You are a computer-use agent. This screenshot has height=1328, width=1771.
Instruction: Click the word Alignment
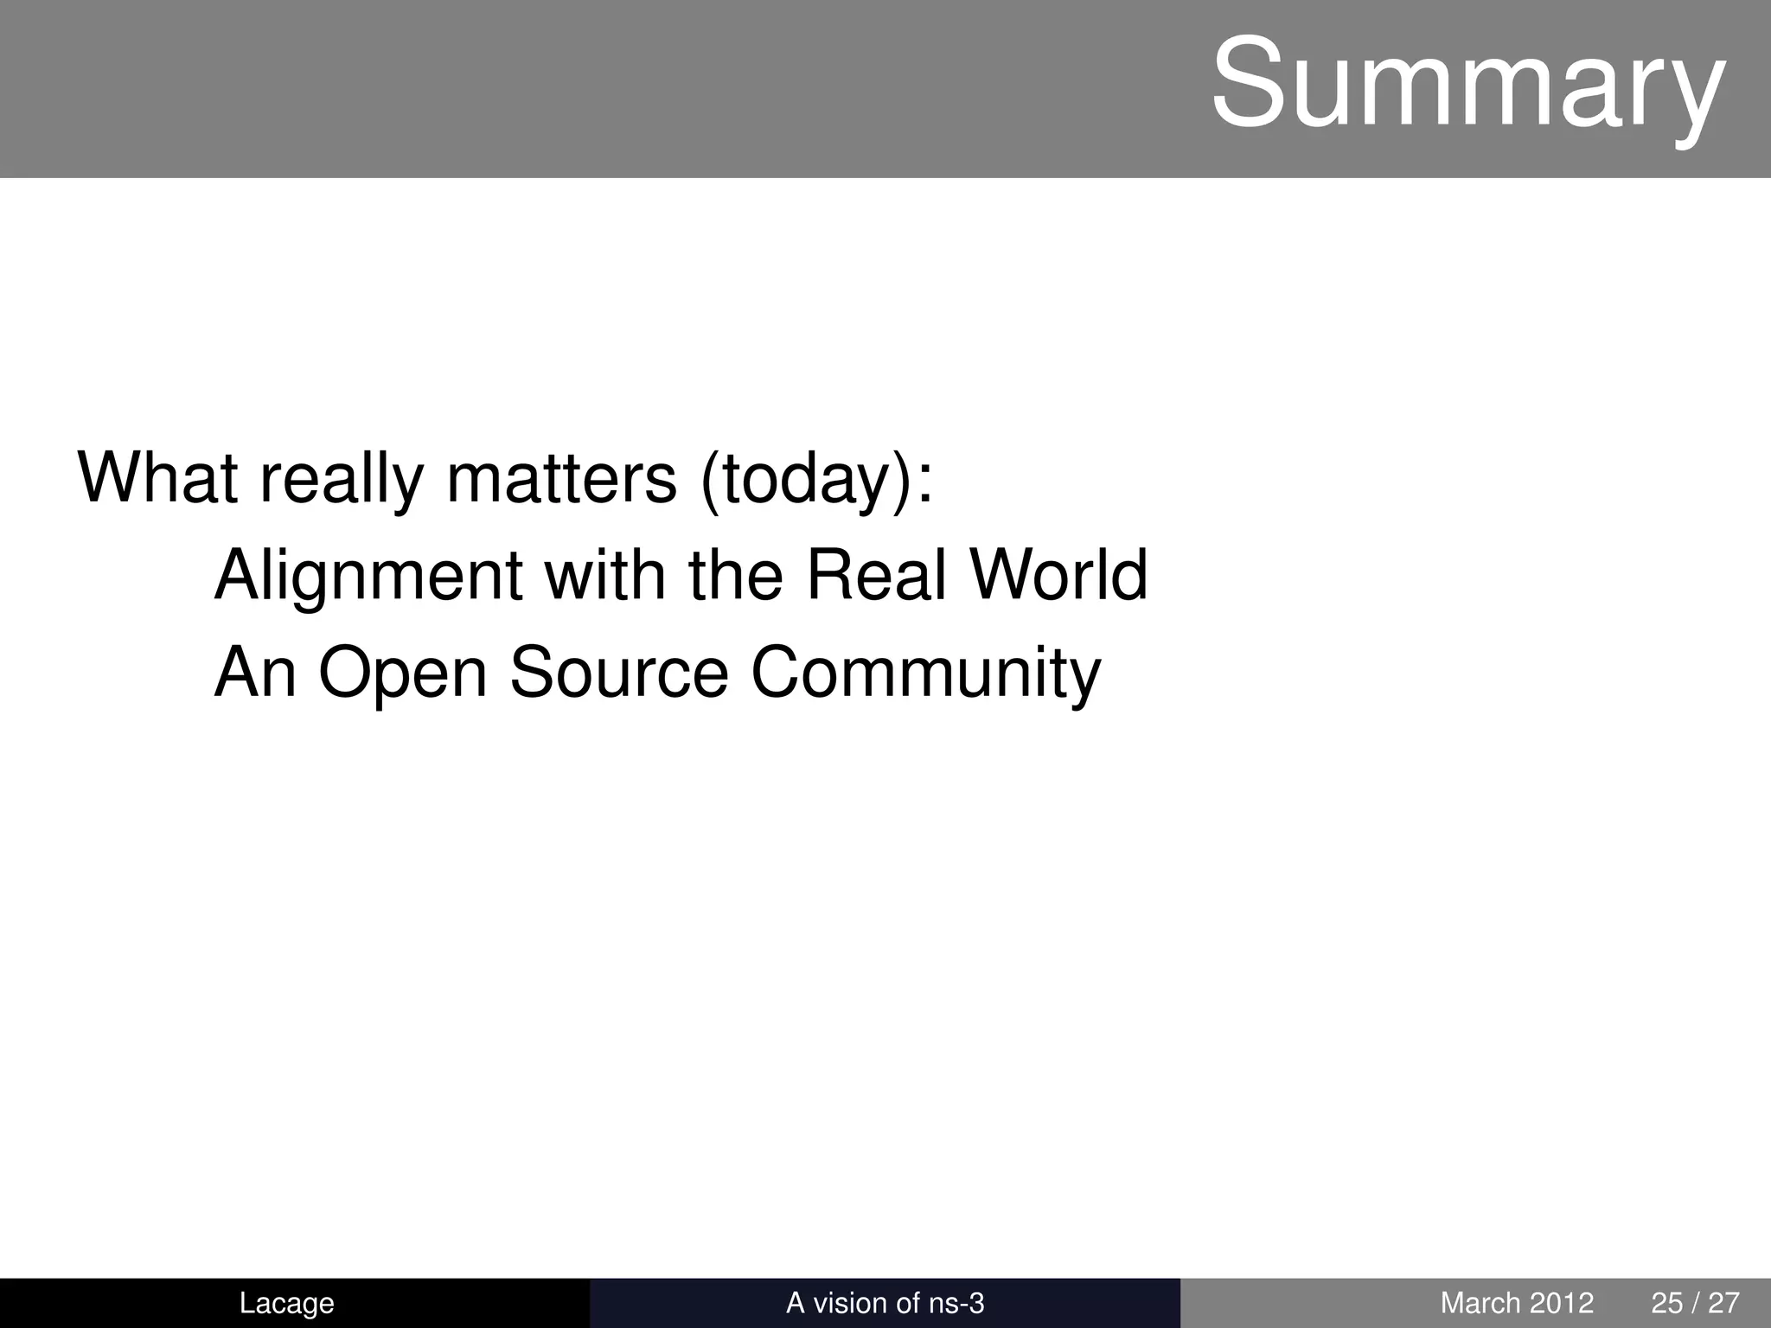coord(368,576)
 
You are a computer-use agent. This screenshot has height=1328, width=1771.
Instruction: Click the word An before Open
coord(255,672)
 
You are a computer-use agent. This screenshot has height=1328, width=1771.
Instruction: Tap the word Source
coord(619,672)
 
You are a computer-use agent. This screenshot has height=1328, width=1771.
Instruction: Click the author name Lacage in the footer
coord(286,1303)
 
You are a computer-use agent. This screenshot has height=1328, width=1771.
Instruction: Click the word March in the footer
coord(1480,1303)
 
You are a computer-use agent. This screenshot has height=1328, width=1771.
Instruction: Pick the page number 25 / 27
coord(1695,1303)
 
